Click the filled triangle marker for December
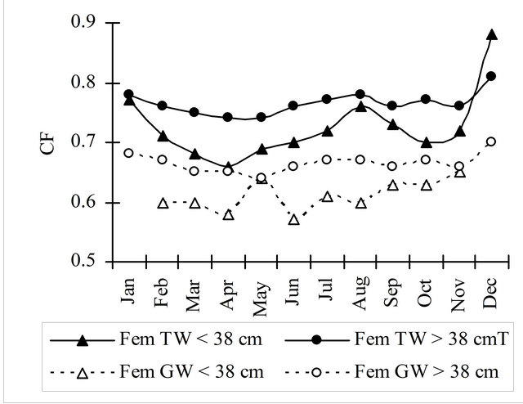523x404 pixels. tap(492, 34)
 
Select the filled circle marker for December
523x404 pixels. tap(492, 76)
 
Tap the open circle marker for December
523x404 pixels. tap(492, 141)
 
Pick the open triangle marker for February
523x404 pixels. tap(162, 202)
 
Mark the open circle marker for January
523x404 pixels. tap(128, 153)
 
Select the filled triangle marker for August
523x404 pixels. tap(360, 106)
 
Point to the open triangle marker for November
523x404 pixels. tap(459, 173)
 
